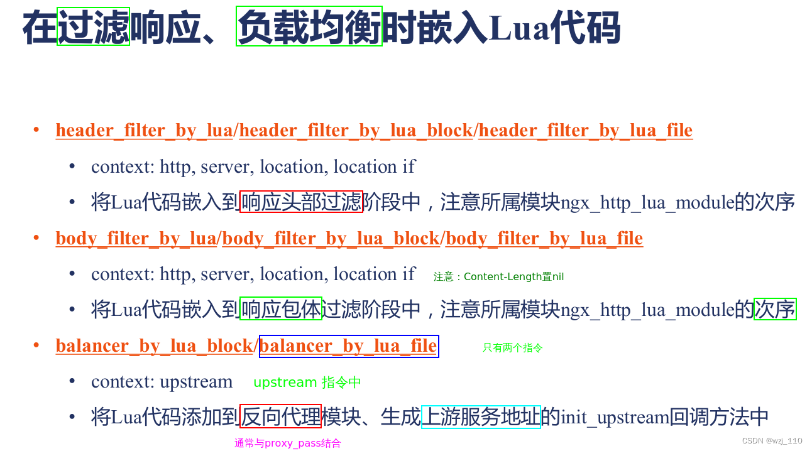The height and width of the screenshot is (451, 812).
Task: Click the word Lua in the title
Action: coord(518,28)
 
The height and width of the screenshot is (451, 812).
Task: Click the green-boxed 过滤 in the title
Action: coord(94,27)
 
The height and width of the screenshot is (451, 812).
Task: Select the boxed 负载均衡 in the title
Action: coord(309,27)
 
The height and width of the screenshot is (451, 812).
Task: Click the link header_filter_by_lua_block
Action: coord(356,131)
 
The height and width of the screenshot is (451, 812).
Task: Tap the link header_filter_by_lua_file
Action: coord(585,131)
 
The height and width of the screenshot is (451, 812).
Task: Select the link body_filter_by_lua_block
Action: coord(331,239)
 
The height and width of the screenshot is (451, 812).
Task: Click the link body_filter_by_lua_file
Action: coord(544,239)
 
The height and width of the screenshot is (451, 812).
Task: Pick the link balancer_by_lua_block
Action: coord(154,346)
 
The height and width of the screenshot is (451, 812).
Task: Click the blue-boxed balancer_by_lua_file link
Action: coord(349,346)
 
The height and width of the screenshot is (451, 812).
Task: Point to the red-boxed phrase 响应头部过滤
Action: coord(302,202)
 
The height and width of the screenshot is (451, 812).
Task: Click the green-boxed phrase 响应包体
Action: coord(281,309)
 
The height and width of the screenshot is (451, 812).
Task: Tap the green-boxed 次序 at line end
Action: coord(775,309)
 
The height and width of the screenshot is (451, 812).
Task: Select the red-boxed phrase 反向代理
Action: coord(280,416)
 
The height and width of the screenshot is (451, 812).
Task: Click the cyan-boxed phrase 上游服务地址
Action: coord(481,416)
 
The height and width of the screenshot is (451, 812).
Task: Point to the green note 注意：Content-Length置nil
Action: coord(498,277)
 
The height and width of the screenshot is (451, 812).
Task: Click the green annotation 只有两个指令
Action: coord(512,348)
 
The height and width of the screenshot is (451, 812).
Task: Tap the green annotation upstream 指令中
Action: coord(307,383)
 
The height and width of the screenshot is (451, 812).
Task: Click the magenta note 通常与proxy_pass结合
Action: coord(288,443)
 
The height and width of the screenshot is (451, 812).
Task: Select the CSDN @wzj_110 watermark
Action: coord(772,441)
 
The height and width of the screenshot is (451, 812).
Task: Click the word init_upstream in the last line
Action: coord(615,417)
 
